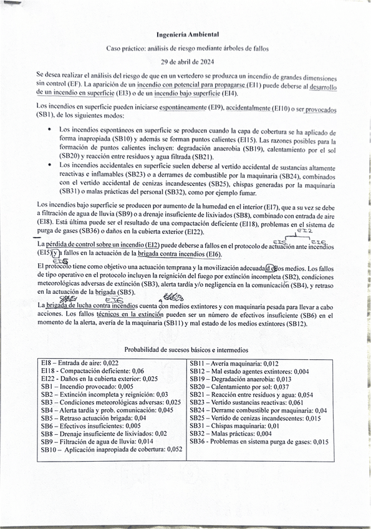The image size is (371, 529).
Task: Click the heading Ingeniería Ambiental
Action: point(187,36)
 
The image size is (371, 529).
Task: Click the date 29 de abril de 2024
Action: point(187,61)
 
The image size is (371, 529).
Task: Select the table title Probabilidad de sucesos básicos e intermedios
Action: point(186,351)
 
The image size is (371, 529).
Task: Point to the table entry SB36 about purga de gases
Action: point(259,442)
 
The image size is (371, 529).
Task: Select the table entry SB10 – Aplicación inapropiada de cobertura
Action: point(112,450)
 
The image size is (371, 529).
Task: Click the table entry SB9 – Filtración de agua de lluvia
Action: point(97,442)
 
